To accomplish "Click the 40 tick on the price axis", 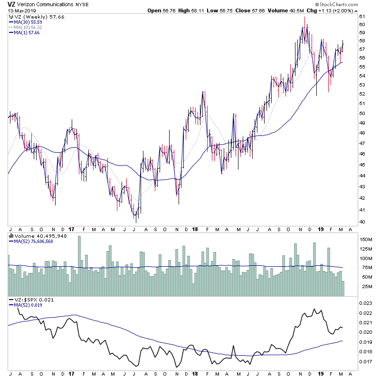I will click(x=361, y=222).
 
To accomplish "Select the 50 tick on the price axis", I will click(x=361, y=114).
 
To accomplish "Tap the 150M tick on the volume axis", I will click(x=366, y=240).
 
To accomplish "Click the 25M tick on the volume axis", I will click(x=364, y=287).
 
